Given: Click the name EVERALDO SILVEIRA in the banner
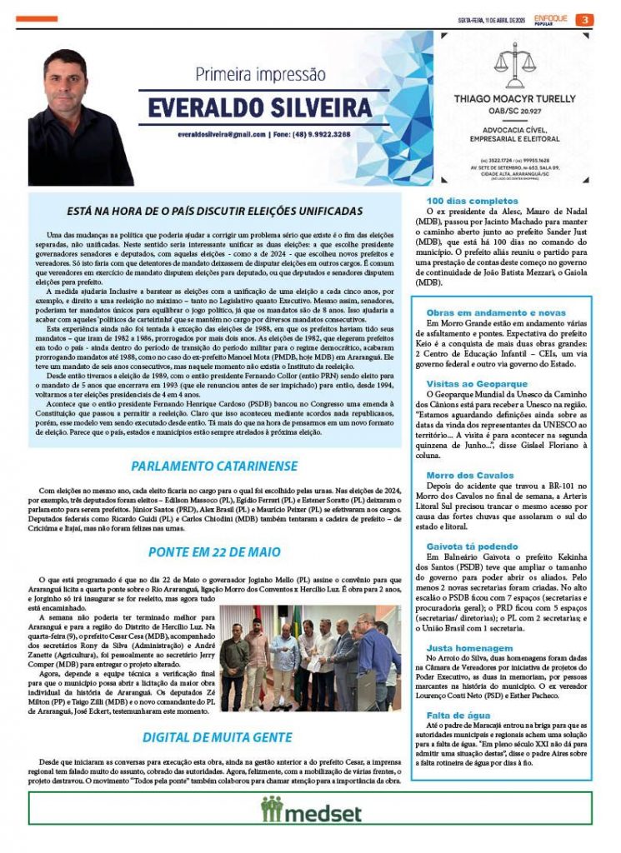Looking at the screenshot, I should [260, 107].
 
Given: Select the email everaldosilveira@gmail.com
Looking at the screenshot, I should [220, 134].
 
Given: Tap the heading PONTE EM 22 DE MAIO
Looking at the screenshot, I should [215, 551].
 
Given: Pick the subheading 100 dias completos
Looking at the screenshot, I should [462, 201].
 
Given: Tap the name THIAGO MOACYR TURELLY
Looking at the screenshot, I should [514, 98].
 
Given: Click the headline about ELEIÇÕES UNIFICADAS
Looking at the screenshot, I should [215, 212].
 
